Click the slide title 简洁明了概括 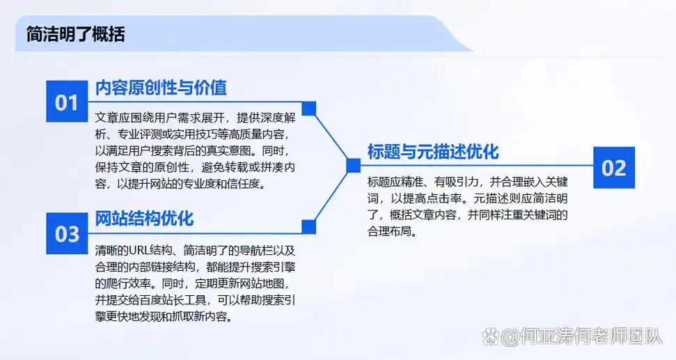pos(75,34)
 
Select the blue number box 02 pos(614,168)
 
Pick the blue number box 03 pos(67,233)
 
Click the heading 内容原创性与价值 pos(161,88)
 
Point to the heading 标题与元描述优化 pos(433,152)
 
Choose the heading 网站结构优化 pos(144,218)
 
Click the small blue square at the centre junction pos(353,165)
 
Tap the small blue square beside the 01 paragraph pos(309,109)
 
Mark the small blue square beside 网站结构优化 pos(309,226)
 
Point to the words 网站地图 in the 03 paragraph pos(267,284)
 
